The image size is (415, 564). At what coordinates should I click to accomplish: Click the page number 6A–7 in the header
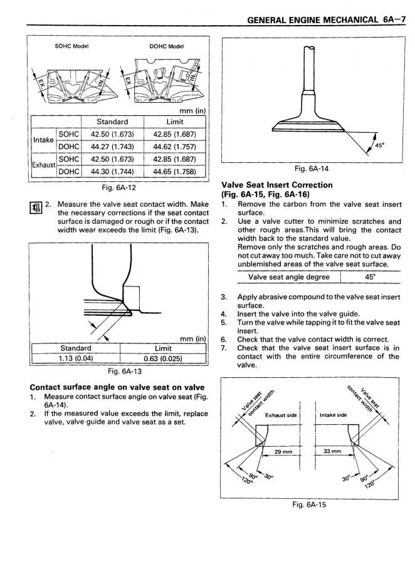pyautogui.click(x=394, y=19)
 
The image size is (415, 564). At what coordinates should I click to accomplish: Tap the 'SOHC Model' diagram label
pyautogui.click(x=71, y=46)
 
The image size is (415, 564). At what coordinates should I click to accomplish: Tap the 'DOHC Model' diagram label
pyautogui.click(x=166, y=46)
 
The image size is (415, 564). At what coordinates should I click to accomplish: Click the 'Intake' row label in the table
pyautogui.click(x=44, y=140)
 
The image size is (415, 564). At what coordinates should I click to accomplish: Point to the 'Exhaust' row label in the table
pyautogui.click(x=44, y=165)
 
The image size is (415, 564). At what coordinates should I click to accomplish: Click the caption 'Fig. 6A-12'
pyautogui.click(x=118, y=187)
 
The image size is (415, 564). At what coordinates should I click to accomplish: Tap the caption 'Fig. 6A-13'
pyautogui.click(x=118, y=370)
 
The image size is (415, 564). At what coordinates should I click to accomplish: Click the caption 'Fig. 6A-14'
pyautogui.click(x=312, y=169)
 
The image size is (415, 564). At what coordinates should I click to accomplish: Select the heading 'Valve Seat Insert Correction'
pyautogui.click(x=277, y=185)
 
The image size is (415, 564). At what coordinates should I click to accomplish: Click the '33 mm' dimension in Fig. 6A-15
pyautogui.click(x=332, y=451)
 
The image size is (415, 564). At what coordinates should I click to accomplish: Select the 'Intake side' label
pyautogui.click(x=333, y=415)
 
